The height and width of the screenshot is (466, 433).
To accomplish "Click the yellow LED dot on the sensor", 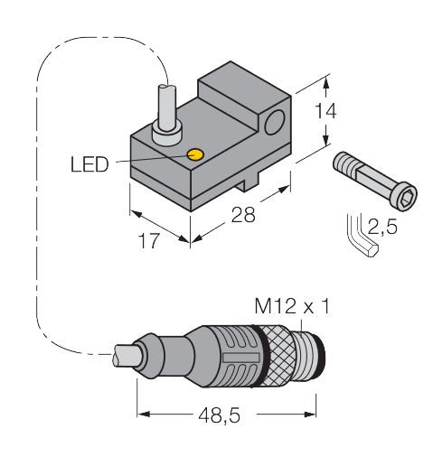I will coord(194,154).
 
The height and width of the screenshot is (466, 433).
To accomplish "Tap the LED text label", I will coord(89,164).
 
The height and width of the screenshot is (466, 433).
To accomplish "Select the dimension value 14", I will coord(327,111).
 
